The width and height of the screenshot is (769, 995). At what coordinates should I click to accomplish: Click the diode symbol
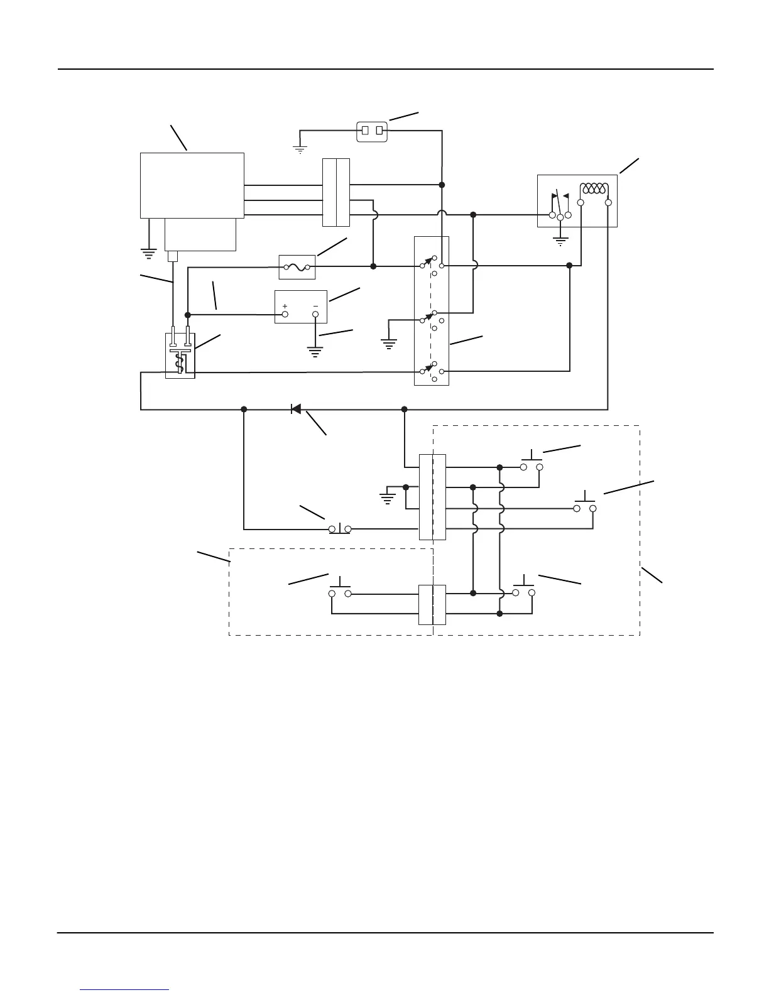[x=295, y=409]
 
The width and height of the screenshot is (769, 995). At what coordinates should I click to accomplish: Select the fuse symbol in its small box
[x=297, y=267]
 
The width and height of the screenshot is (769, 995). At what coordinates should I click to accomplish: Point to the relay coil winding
[x=594, y=189]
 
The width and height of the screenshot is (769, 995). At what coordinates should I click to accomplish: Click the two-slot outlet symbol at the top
[x=372, y=131]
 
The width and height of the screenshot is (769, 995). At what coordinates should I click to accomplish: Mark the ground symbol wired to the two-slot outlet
[x=300, y=150]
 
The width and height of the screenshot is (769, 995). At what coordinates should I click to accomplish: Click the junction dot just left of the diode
[x=244, y=409]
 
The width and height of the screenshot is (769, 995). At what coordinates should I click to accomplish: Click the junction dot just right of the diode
[x=405, y=409]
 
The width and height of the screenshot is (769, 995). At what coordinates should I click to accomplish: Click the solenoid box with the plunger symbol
[x=180, y=356]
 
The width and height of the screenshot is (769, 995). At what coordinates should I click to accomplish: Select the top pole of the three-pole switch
[x=432, y=263]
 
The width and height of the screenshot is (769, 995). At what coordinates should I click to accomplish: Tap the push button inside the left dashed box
[x=339, y=589]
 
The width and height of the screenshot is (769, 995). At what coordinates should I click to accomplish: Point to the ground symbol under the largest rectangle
[x=148, y=254]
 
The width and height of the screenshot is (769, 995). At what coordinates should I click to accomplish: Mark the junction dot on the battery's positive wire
[x=187, y=314]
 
